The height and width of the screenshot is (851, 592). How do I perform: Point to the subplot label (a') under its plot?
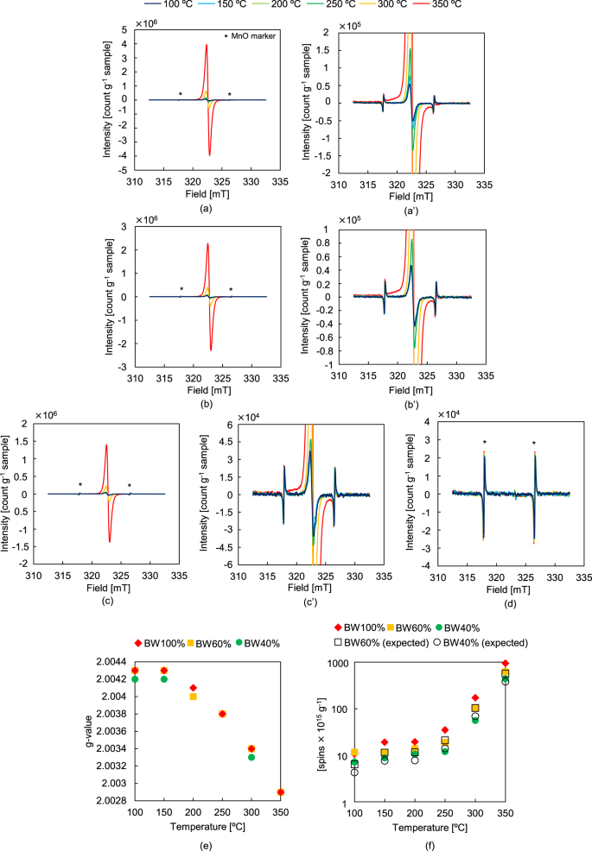[x=407, y=209]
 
